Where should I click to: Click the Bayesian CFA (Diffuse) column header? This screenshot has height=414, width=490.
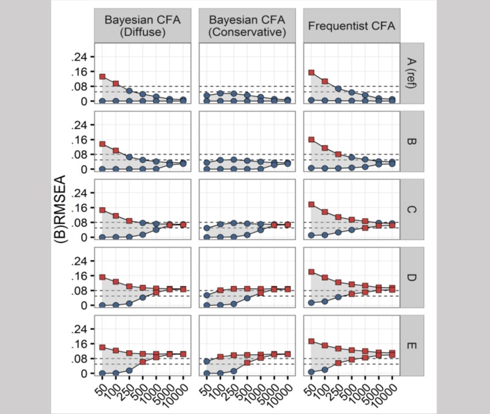143,26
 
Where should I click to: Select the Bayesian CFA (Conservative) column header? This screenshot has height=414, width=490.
247,26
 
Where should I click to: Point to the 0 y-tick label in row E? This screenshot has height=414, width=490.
83,373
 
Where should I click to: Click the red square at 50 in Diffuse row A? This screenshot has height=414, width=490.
102,76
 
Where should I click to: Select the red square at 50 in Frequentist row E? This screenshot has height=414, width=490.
311,341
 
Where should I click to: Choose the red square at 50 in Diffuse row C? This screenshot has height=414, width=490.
102,210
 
